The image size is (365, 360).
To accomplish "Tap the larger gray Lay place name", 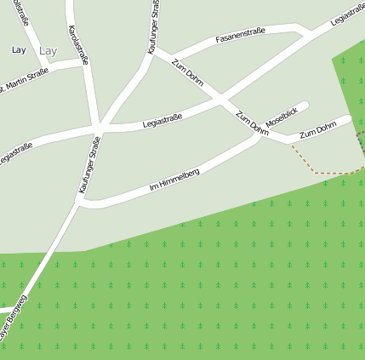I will point(48,51).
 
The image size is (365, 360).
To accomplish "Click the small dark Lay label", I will point(19,50).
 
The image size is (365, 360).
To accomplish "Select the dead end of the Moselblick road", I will point(305,106).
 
